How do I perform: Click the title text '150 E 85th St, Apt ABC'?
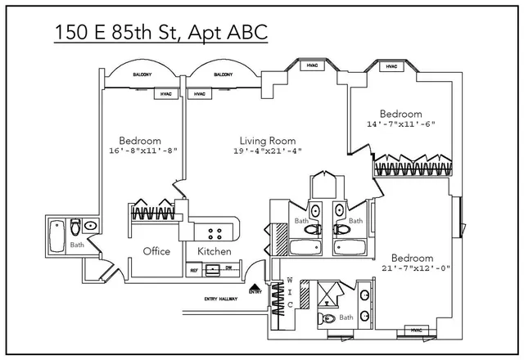coord(161,33)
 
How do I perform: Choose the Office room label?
coord(156,251)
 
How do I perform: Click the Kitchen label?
coord(215,251)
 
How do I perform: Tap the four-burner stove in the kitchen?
coord(218,231)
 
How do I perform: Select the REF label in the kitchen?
coord(195,269)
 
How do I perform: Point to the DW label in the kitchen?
coord(229,269)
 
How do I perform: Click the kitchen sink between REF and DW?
coord(213,269)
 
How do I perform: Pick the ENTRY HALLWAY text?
coord(221,299)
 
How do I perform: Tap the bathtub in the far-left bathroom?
coord(56,236)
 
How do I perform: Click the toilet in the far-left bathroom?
coord(75,225)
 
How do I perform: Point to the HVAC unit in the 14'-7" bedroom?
coord(391,66)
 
